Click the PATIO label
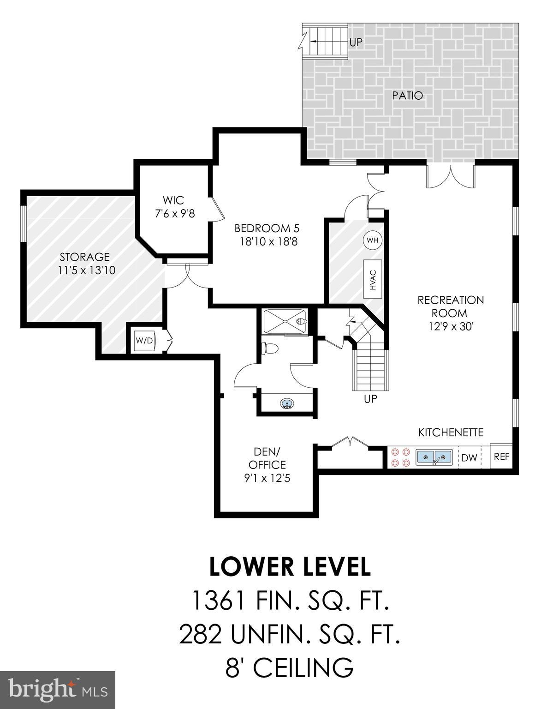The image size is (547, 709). (x=407, y=96)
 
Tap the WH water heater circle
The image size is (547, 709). (x=373, y=240)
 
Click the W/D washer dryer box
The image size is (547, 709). (x=144, y=341)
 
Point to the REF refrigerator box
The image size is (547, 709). (x=501, y=457)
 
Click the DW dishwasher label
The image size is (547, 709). (x=469, y=457)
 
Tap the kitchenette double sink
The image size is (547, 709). (x=434, y=457)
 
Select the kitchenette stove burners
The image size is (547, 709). (x=399, y=457)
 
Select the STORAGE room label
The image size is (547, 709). (x=84, y=257)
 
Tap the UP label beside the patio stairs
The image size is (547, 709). (x=356, y=42)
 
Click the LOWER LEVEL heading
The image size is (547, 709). (x=290, y=567)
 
